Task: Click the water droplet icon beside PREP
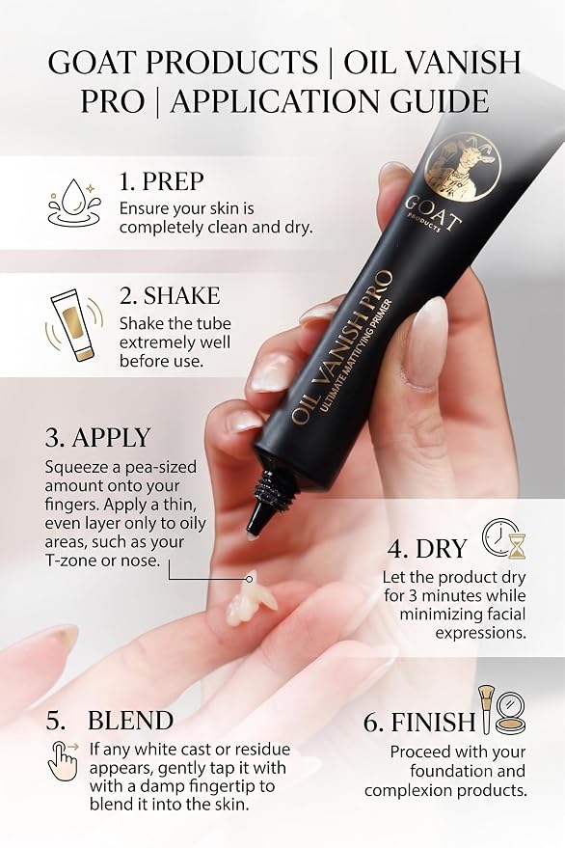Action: pyautogui.click(x=74, y=203)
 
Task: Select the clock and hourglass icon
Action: pyautogui.click(x=504, y=538)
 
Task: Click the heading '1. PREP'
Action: pyautogui.click(x=161, y=181)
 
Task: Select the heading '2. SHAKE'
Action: pyautogui.click(x=170, y=296)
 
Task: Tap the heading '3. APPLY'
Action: pyautogui.click(x=97, y=438)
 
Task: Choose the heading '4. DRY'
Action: pyautogui.click(x=426, y=549)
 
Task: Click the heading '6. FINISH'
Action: pyautogui.click(x=419, y=722)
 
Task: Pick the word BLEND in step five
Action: pyautogui.click(x=130, y=721)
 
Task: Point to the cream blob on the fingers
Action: pyautogui.click(x=250, y=602)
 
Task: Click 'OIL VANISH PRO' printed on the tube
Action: pyautogui.click(x=341, y=346)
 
